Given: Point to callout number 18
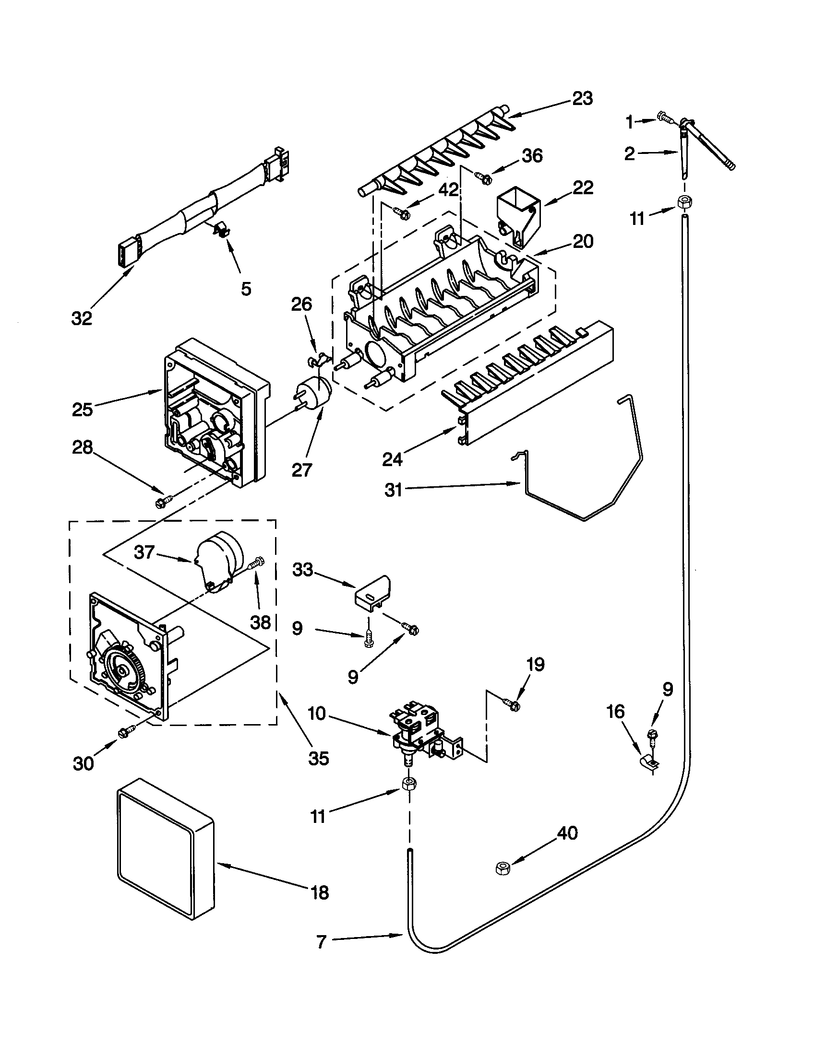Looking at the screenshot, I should [320, 893].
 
